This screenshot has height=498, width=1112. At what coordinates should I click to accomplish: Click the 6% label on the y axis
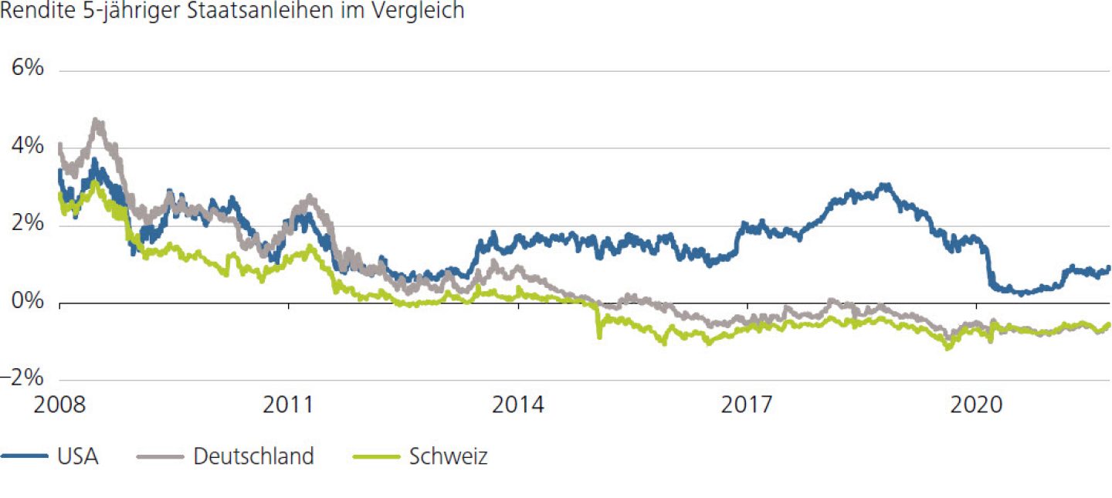[x=27, y=69]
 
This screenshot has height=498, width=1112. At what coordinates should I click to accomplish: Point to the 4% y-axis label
[x=27, y=146]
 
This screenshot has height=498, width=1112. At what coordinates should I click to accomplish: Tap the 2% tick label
[x=27, y=224]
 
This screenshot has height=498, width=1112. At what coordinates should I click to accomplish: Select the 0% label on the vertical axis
[x=27, y=301]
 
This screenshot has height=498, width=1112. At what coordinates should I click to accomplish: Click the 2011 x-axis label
[x=288, y=405]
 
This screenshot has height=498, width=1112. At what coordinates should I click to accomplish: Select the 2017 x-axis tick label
[x=748, y=405]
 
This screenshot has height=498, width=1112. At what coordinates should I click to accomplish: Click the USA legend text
[x=77, y=456]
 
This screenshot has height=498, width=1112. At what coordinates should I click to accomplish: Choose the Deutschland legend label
[x=253, y=456]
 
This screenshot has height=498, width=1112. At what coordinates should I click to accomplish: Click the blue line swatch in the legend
[x=23, y=456]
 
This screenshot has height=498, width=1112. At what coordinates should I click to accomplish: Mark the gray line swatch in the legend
[x=159, y=456]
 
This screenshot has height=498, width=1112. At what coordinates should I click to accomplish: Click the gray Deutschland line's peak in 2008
[x=96, y=120]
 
